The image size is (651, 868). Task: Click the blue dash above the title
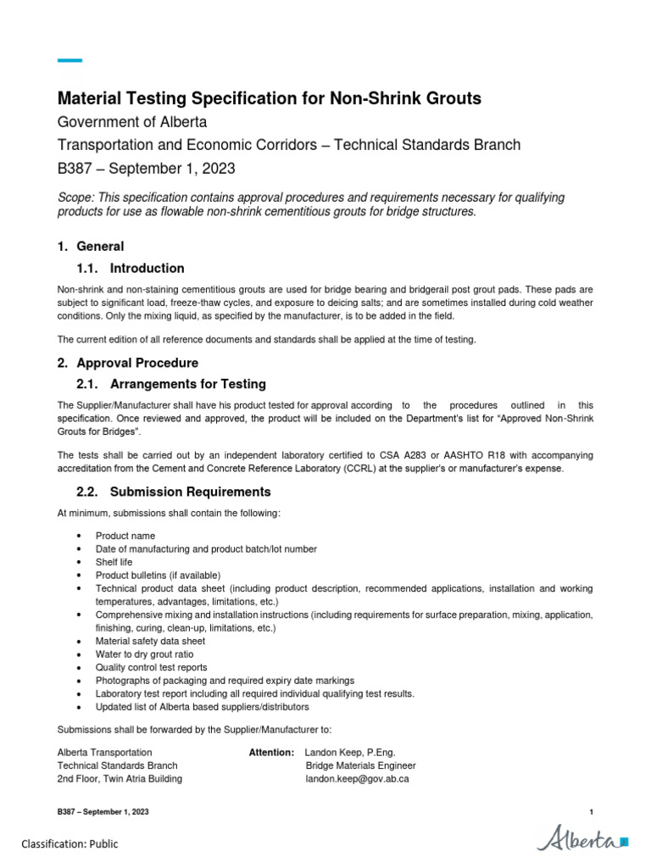[70, 60]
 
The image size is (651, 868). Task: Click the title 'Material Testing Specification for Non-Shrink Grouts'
[269, 98]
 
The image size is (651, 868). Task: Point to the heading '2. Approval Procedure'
[127, 363]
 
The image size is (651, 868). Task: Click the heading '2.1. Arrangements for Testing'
[170, 384]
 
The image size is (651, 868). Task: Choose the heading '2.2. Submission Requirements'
[173, 492]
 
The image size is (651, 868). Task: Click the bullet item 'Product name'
[125, 536]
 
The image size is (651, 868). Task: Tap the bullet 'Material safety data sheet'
[150, 641]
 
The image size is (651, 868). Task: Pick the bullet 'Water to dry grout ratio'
[144, 654]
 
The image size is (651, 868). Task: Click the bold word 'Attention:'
[271, 752]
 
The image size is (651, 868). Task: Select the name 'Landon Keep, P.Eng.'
[350, 752]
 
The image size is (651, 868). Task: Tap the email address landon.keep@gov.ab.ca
[357, 778]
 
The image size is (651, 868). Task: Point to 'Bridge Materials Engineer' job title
[360, 765]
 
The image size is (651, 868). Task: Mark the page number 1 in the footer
[591, 812]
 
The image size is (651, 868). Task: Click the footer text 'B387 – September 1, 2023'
[103, 812]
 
